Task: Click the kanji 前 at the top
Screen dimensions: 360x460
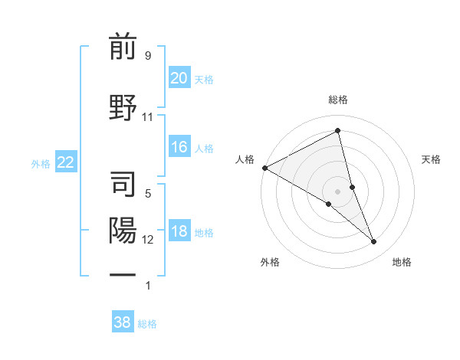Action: coord(123,47)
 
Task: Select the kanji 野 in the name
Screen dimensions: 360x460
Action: coord(123,106)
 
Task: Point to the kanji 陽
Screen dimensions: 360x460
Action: coord(123,231)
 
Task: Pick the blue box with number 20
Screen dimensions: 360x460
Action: coord(179,77)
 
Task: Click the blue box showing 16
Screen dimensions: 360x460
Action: coord(179,147)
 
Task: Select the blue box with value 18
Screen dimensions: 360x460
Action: coord(179,232)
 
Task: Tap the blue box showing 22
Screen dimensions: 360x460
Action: coord(65,162)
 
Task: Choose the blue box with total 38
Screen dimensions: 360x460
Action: coord(123,322)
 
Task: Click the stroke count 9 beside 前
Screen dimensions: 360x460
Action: coord(147,55)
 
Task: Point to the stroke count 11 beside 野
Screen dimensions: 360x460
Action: coord(148,116)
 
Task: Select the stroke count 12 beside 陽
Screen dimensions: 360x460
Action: coord(148,240)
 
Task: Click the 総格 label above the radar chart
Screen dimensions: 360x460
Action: coord(338,100)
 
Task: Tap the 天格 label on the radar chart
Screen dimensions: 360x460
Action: coord(432,159)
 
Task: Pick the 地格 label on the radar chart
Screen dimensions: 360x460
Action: coord(402,262)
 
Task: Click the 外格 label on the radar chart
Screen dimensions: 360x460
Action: coord(270,262)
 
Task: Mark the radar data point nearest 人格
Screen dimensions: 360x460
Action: coord(264,168)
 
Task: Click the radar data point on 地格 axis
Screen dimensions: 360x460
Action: coord(374,242)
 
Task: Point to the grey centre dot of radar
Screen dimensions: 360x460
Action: coord(338,191)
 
